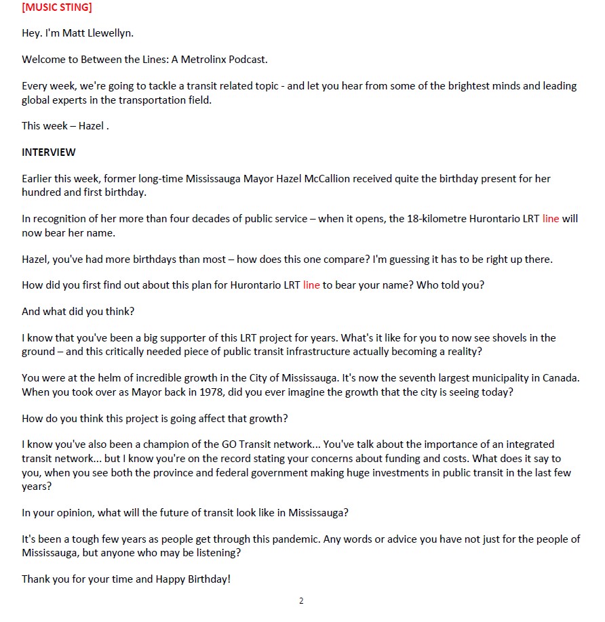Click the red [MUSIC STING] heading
click(57, 8)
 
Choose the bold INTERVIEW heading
click(49, 152)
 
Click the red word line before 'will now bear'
click(551, 220)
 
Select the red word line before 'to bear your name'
click(311, 285)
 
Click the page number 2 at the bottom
click(301, 601)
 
